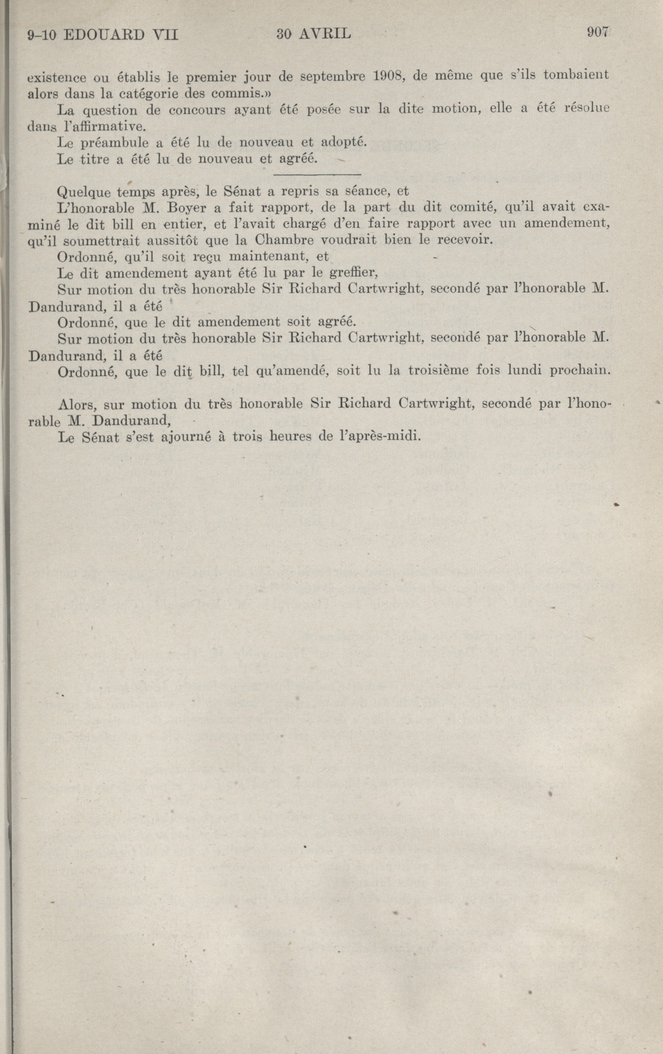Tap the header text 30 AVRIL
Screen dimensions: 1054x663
point(313,34)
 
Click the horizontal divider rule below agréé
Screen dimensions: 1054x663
point(317,175)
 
